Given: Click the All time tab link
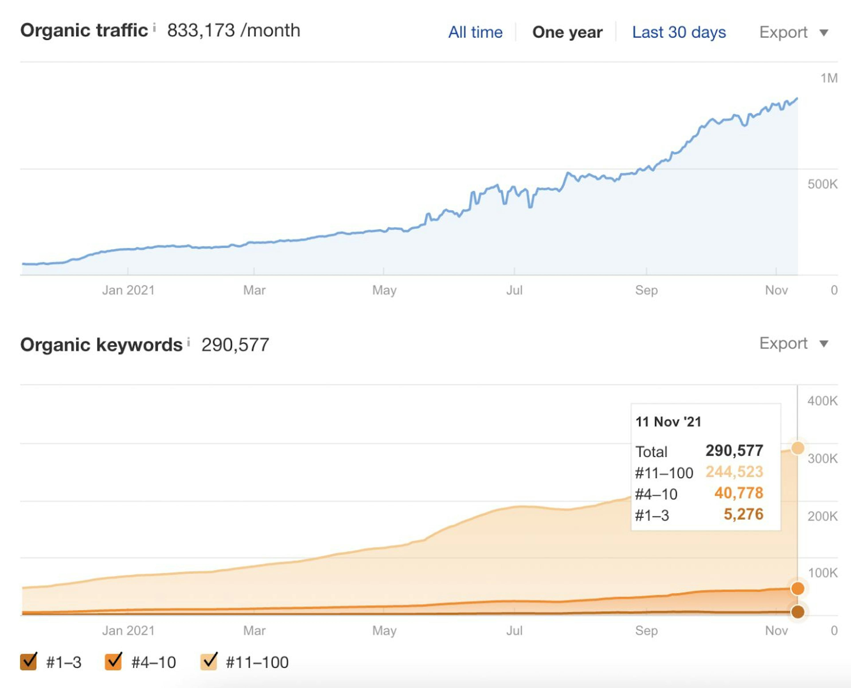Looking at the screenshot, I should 475,32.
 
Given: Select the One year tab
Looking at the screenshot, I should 567,32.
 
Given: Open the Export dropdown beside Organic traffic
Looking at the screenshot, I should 793,32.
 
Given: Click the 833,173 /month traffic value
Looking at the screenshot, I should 233,31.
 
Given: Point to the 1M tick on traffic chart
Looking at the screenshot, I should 829,78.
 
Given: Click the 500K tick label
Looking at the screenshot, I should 822,184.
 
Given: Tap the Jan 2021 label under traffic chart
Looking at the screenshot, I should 128,290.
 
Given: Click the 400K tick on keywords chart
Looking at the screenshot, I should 822,401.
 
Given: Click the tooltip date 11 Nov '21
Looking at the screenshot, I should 668,422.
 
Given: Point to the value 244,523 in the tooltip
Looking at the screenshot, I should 734,472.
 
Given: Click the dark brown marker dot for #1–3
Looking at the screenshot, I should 798,612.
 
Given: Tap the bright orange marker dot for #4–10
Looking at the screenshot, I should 798,589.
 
